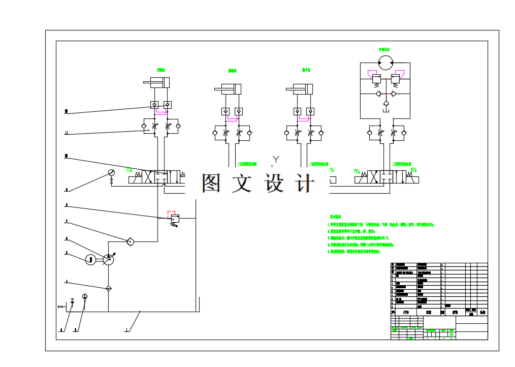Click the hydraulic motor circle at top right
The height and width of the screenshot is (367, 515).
[385, 63]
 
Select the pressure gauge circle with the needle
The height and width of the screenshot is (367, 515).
[111, 173]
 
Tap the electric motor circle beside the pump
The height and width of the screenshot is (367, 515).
[90, 260]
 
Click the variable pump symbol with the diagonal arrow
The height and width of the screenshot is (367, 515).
[108, 259]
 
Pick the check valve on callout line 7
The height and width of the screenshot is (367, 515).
[131, 241]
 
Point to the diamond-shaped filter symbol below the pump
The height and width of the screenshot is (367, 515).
[108, 289]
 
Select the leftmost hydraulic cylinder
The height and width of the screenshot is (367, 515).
[156, 82]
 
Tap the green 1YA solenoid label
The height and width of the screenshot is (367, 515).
[130, 170]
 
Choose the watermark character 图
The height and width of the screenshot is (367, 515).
[211, 183]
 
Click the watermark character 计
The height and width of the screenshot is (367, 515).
[305, 183]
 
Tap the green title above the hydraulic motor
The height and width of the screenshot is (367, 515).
[384, 50]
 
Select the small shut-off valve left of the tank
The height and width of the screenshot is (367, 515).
[61, 307]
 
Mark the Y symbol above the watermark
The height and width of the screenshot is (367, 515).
[276, 160]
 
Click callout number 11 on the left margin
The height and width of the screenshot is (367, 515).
[66, 134]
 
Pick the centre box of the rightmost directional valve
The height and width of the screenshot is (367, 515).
[385, 177]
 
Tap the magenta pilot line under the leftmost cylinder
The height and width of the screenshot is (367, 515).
[161, 111]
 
